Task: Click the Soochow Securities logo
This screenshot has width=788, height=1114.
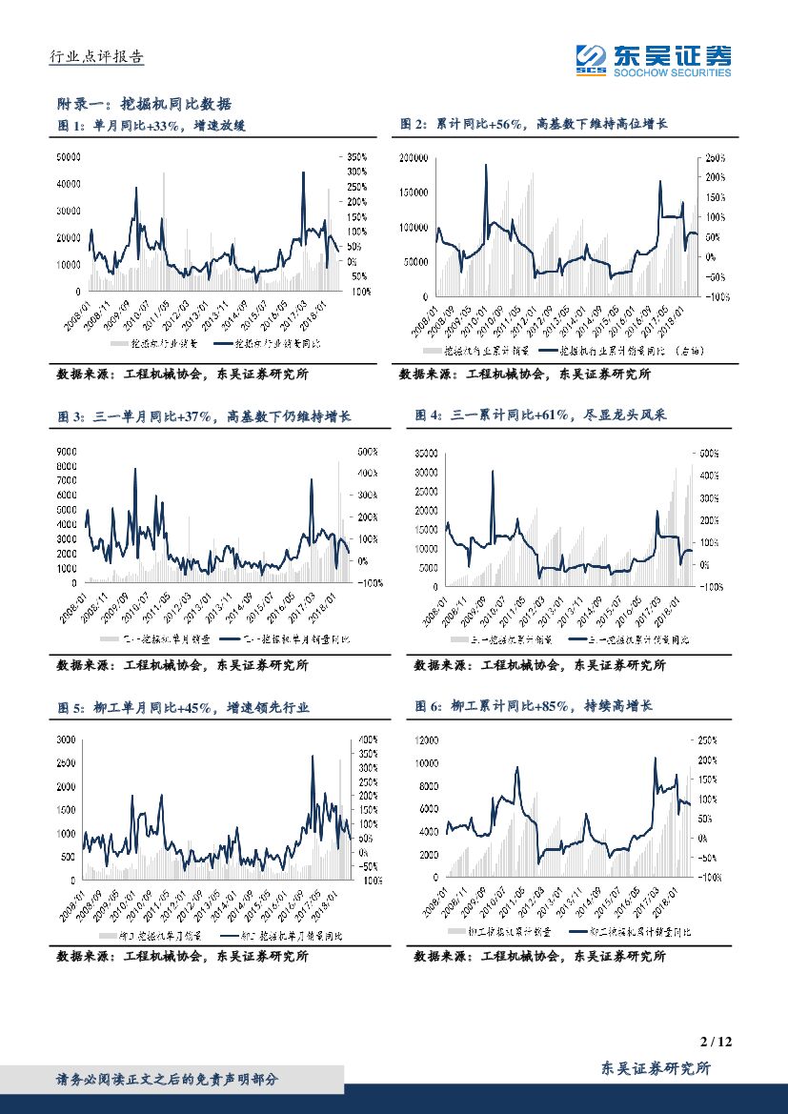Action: coord(654,60)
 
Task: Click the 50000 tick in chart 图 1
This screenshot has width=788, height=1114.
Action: coord(70,156)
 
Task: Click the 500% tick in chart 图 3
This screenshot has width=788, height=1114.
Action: coord(369,451)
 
